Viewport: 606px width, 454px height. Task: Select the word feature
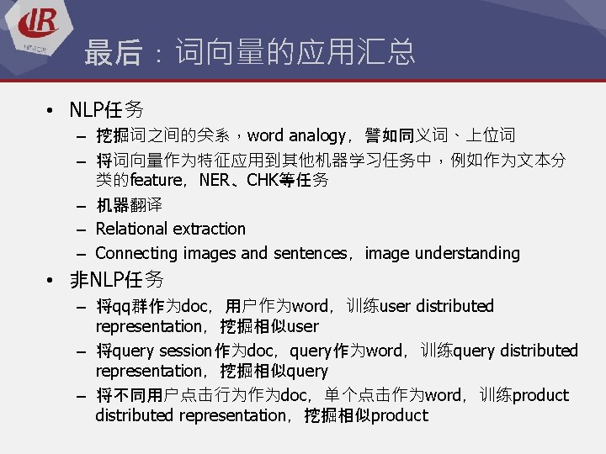pos(157,180)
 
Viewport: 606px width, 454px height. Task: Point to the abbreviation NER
pos(214,180)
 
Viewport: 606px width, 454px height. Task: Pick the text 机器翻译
pos(129,204)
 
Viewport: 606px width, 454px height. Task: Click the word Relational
pos(133,229)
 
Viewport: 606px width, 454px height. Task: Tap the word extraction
pos(210,229)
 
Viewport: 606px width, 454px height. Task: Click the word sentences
pos(308,253)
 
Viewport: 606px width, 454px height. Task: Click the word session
pos(184,351)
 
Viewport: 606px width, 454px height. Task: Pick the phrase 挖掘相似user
pos(269,326)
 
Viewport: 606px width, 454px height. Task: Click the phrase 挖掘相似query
pos(274,371)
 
